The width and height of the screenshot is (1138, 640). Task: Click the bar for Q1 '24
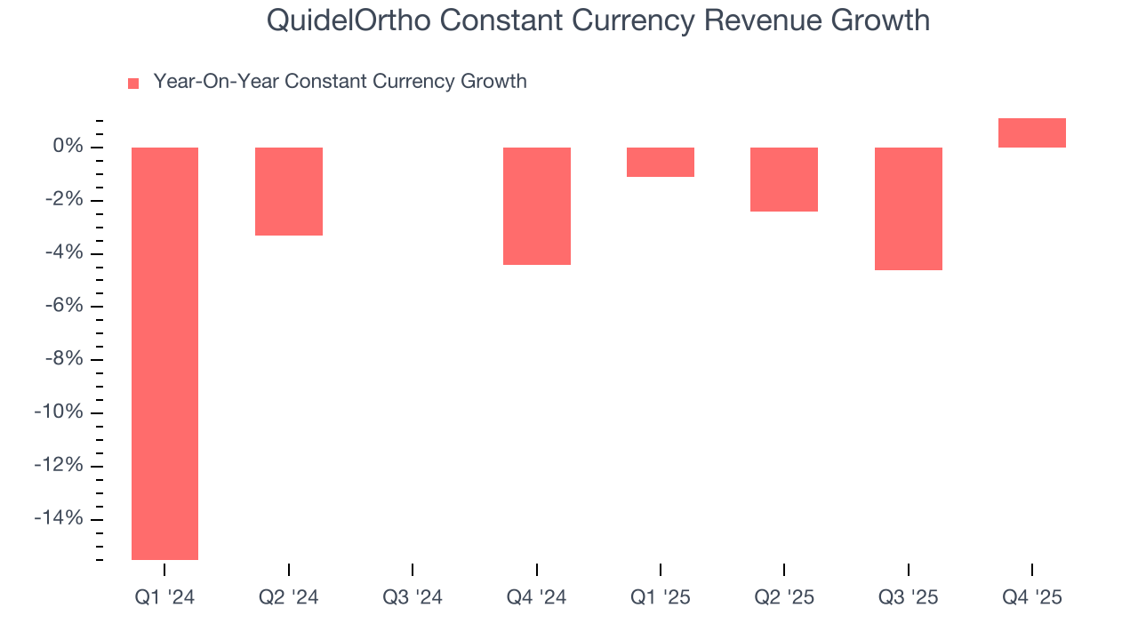[x=164, y=353]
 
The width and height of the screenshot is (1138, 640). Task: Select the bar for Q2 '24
[x=289, y=191]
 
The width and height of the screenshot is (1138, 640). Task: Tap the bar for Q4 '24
[x=537, y=205]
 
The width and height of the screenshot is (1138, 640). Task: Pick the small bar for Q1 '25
[x=661, y=162]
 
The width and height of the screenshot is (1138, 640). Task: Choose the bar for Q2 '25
[x=784, y=179]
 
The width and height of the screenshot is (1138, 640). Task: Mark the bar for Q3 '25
[x=908, y=208]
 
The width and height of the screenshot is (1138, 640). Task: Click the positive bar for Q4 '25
[x=1031, y=132]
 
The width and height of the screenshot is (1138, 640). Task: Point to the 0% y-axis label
[x=68, y=147]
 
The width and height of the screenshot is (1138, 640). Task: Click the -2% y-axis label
[x=64, y=200]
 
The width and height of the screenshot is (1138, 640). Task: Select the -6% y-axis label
[x=64, y=306]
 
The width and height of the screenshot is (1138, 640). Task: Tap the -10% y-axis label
[x=60, y=412]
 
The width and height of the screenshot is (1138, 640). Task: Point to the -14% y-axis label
[x=60, y=519]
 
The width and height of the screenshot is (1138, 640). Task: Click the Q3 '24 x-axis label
[x=413, y=597]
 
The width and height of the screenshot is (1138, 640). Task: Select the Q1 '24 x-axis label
[x=164, y=597]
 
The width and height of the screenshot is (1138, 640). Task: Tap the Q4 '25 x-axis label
[x=1031, y=597]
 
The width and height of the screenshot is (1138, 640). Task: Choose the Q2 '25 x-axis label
[x=784, y=597]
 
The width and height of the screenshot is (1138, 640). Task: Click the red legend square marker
[x=133, y=83]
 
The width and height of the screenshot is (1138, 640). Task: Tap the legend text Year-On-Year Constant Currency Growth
[x=340, y=82]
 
